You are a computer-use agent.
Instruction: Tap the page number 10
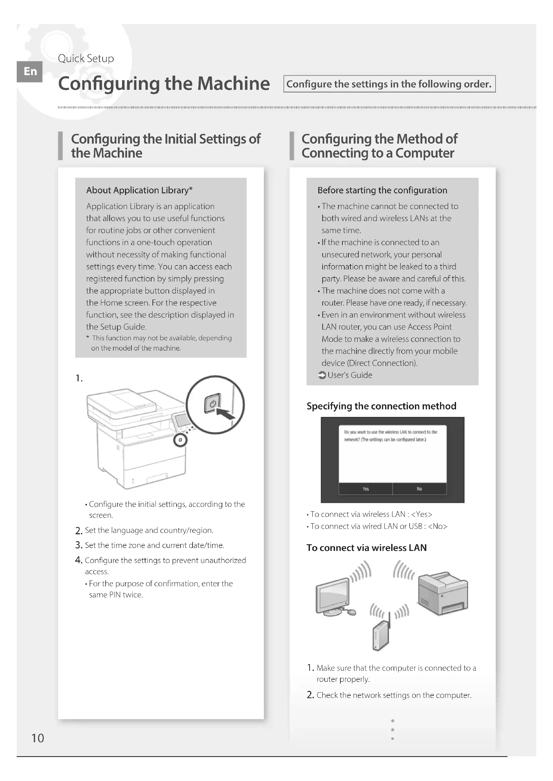point(37,738)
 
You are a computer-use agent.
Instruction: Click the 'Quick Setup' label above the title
point(86,58)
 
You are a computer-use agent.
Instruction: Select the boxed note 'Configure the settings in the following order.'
point(389,84)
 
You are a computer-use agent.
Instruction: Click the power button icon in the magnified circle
point(213,403)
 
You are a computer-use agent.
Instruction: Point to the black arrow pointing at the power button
point(226,415)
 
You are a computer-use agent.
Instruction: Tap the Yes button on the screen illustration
point(365,489)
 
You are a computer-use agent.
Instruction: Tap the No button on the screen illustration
point(419,489)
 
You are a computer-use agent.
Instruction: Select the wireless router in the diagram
point(381,635)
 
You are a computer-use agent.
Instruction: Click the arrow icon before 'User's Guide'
point(321,375)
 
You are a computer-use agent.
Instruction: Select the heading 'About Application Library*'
point(139,190)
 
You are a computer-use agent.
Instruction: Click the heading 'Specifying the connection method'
point(381,406)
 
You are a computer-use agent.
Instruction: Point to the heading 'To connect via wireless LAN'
point(366,548)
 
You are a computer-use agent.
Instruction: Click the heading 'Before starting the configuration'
point(382,190)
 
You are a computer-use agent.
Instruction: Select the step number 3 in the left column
point(79,545)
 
